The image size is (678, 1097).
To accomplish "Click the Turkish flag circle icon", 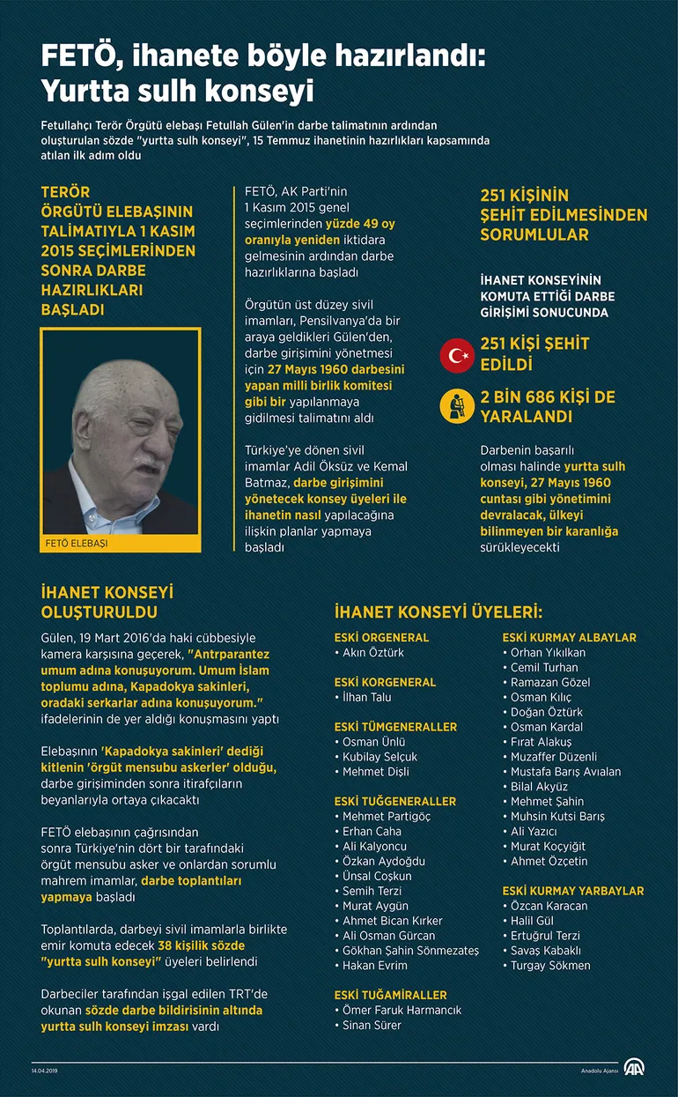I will click(457, 354).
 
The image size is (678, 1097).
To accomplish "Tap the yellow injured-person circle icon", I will click(457, 406).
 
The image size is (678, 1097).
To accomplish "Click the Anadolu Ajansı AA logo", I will click(634, 1068).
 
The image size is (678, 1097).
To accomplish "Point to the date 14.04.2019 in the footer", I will click(44, 1070).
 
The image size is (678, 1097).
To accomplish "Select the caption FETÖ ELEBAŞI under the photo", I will click(77, 544).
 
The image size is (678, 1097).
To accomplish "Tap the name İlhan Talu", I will click(367, 697).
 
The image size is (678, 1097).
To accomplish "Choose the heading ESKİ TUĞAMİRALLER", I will click(390, 995).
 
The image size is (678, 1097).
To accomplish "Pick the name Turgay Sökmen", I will click(550, 965).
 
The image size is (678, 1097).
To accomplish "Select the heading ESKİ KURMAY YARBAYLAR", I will click(572, 891).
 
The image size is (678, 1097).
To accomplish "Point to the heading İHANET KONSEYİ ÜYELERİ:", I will click(438, 612).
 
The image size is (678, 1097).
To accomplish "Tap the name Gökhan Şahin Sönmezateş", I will click(410, 951).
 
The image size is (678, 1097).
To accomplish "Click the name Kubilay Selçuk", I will click(380, 757).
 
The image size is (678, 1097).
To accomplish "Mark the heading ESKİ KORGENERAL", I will click(385, 682).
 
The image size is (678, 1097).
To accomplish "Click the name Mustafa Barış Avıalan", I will click(566, 771).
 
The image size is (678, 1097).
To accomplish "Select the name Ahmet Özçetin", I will click(549, 861).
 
